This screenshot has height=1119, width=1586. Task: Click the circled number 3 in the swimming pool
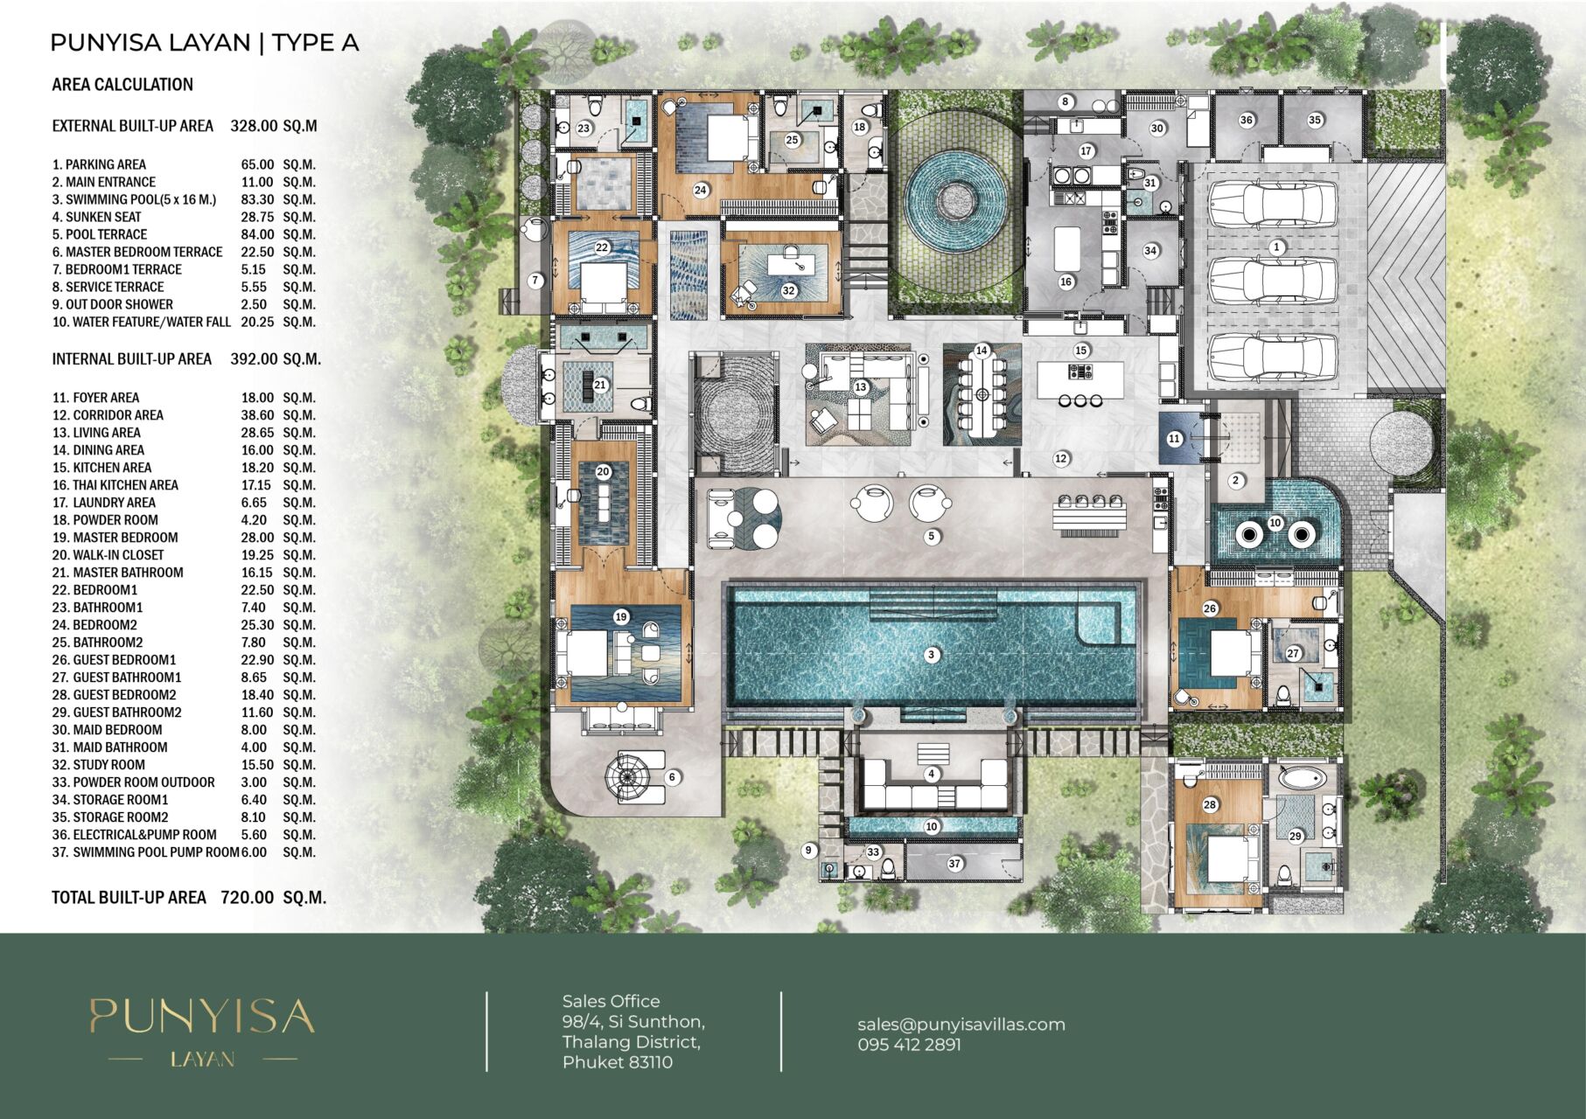(932, 655)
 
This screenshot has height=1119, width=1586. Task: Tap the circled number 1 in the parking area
(1276, 247)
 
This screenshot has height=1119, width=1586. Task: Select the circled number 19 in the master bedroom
(621, 616)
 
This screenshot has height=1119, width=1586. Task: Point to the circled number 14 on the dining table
(982, 351)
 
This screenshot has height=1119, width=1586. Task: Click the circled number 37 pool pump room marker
(954, 864)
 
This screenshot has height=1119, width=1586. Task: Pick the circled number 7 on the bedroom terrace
(536, 281)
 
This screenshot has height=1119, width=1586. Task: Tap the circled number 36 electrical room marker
(1247, 121)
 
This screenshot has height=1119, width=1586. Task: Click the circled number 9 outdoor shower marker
(809, 850)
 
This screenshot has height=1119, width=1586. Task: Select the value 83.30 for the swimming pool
(257, 199)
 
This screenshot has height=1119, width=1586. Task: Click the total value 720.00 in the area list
(248, 897)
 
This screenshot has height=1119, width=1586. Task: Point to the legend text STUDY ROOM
(108, 765)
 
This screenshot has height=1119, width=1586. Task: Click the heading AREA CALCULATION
(122, 85)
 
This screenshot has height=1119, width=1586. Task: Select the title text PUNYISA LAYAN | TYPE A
(205, 43)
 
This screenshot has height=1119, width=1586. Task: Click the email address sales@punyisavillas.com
(961, 1025)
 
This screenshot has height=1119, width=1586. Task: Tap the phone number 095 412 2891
(909, 1045)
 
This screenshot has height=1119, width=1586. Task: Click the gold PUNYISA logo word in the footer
(201, 1017)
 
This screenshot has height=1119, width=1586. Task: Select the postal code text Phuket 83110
(618, 1062)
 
